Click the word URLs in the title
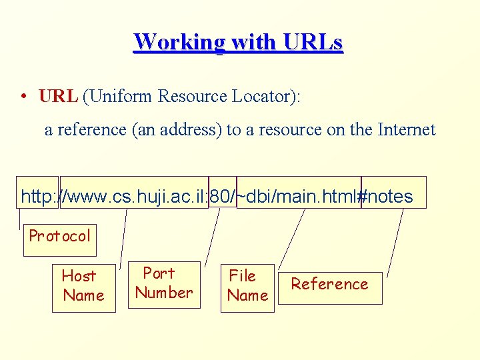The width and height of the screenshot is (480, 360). coord(312,42)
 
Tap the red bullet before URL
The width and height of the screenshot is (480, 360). coord(23,96)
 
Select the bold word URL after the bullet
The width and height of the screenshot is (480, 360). coord(59,96)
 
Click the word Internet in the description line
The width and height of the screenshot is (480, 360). coord(406,129)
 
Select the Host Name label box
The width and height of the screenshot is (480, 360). coord(83,286)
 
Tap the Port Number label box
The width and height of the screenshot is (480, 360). coord(164,283)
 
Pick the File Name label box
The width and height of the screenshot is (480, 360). coord(247,286)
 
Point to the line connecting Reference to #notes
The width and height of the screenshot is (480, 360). coord(396,240)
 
